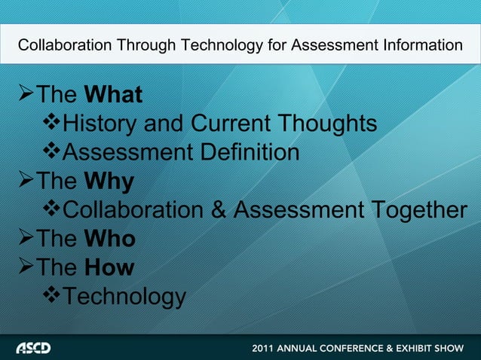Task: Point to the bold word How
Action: click(111, 267)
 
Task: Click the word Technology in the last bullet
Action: click(122, 297)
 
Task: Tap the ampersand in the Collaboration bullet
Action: click(219, 211)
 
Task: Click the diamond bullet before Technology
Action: click(51, 297)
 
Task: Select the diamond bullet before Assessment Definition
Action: click(51, 153)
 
